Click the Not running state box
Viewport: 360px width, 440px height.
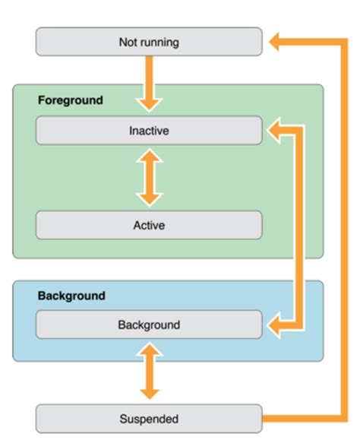click(x=149, y=42)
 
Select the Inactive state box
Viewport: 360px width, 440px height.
click(x=149, y=131)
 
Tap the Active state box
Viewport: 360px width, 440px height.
click(x=149, y=225)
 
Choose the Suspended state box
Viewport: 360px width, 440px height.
click(x=149, y=418)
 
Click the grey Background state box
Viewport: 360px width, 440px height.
click(x=149, y=324)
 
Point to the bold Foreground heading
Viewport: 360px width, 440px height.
click(x=70, y=100)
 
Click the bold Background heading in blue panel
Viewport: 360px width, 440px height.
click(x=71, y=296)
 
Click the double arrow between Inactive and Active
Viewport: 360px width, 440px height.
click(x=149, y=177)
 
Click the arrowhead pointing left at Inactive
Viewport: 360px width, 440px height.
click(x=275, y=131)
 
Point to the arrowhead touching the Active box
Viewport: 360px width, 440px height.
click(x=149, y=198)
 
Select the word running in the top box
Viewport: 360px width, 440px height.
click(x=159, y=42)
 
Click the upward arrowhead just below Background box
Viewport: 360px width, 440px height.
click(x=149, y=350)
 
